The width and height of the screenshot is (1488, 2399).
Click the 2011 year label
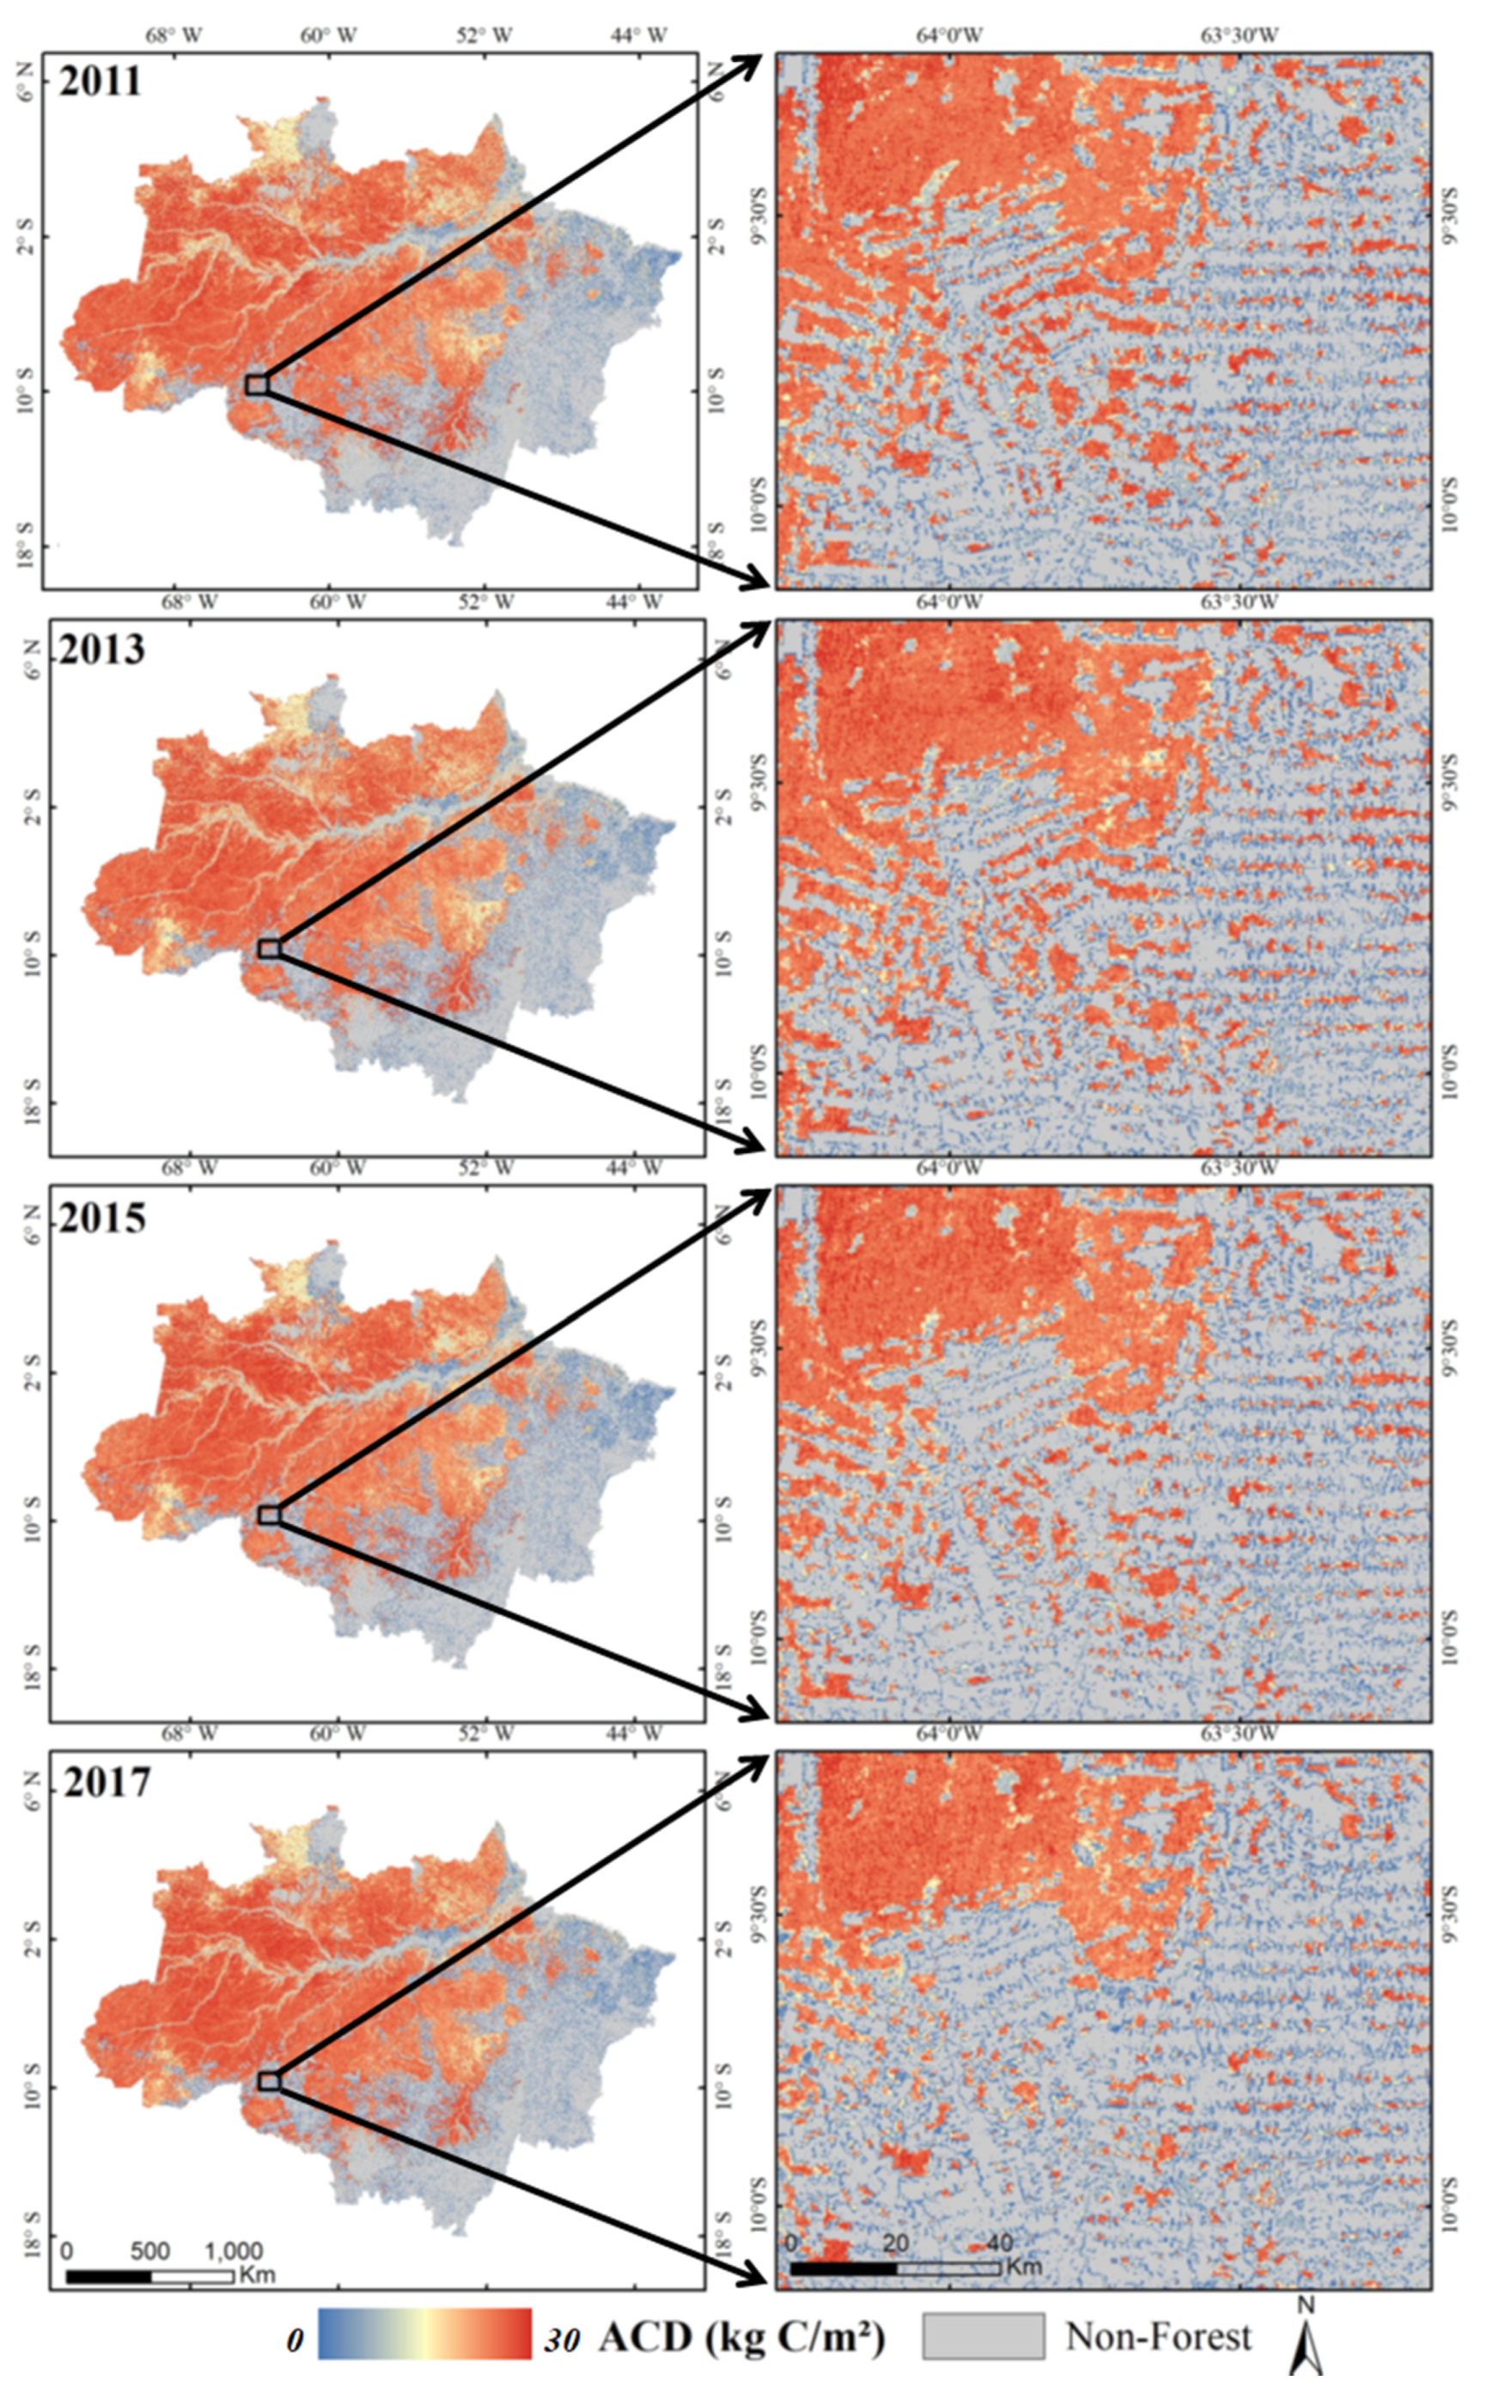point(101,80)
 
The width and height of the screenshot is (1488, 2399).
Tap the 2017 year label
point(107,1782)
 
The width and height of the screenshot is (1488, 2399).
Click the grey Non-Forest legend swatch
point(982,2333)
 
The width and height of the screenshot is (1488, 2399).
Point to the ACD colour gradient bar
point(424,2333)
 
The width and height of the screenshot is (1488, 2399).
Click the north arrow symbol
point(1305,2342)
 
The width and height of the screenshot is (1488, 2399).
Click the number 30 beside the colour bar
point(562,2338)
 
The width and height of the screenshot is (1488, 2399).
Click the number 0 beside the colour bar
point(295,2338)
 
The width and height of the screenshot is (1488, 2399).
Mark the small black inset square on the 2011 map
point(257,384)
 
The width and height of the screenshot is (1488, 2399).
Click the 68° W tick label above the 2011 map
point(174,35)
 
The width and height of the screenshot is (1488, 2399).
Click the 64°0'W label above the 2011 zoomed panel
point(949,35)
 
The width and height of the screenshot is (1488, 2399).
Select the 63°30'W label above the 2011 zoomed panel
point(1239,35)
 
